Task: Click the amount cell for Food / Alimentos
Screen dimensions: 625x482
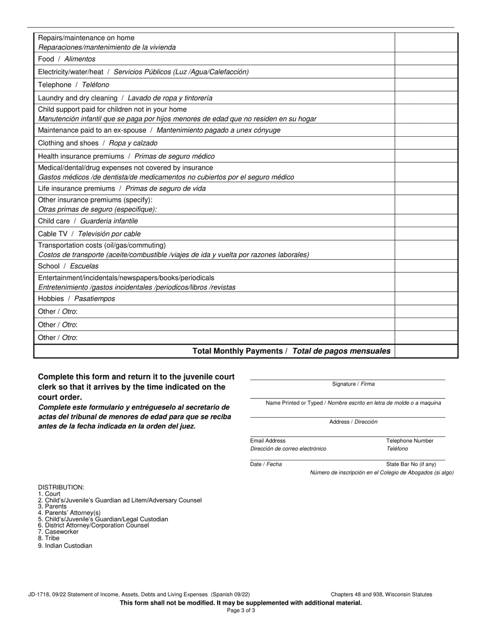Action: (x=426, y=59)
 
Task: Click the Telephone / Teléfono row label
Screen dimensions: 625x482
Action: (x=74, y=85)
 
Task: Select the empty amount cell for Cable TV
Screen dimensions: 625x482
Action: (x=426, y=234)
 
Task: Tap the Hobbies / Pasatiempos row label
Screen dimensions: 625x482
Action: (x=77, y=299)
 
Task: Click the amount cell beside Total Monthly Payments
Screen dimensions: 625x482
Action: (x=426, y=351)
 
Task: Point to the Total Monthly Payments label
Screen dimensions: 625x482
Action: (x=291, y=351)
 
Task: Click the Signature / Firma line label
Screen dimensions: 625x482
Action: (x=353, y=384)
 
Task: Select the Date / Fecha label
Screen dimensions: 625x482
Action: (x=266, y=464)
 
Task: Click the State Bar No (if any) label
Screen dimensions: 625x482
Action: (x=411, y=464)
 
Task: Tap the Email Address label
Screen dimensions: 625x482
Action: (x=268, y=441)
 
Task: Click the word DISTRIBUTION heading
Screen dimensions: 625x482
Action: (x=61, y=487)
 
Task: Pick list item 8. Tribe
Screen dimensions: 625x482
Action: (x=49, y=538)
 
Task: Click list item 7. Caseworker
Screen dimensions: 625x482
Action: (x=58, y=532)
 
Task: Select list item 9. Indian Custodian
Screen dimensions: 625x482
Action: (x=65, y=546)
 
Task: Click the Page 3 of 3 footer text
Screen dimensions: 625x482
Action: (x=241, y=611)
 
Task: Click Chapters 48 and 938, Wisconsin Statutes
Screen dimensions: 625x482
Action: (x=382, y=595)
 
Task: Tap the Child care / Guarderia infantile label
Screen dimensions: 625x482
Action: (x=88, y=221)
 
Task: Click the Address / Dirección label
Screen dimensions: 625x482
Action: (x=353, y=422)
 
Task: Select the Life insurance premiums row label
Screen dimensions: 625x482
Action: (x=122, y=189)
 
